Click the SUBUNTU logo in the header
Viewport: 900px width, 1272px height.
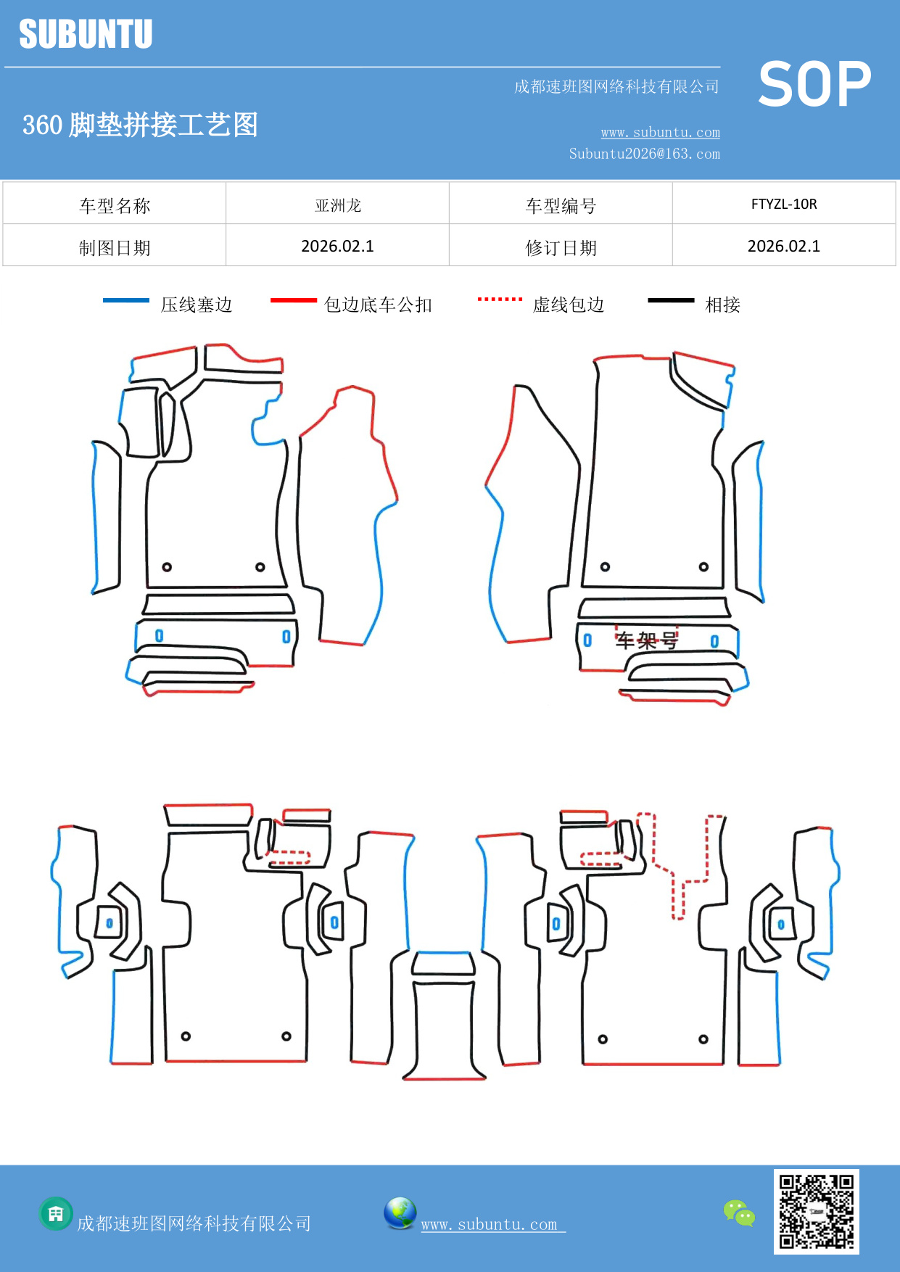pyautogui.click(x=86, y=34)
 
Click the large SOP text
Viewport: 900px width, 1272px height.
pyautogui.click(x=814, y=85)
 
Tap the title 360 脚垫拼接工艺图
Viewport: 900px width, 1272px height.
pyautogui.click(x=140, y=125)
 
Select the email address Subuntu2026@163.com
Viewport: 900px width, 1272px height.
pyautogui.click(x=644, y=154)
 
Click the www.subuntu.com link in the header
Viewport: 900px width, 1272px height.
pyautogui.click(x=660, y=133)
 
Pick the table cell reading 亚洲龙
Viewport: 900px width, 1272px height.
pyautogui.click(x=338, y=205)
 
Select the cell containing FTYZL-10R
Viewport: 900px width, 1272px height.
pyautogui.click(x=784, y=205)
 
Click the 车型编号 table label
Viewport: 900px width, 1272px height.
pyautogui.click(x=561, y=206)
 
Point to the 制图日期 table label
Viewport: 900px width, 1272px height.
pyautogui.click(x=115, y=248)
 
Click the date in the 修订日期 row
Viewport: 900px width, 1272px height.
pyautogui.click(x=784, y=247)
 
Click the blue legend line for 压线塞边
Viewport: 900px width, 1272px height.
pyautogui.click(x=126, y=300)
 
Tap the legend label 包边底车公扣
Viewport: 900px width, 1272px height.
pyautogui.click(x=378, y=305)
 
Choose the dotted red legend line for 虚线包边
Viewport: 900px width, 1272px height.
pyautogui.click(x=500, y=299)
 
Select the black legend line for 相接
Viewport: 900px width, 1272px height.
pyautogui.click(x=671, y=300)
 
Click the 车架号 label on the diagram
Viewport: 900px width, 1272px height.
pyautogui.click(x=646, y=640)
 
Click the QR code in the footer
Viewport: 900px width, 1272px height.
pyautogui.click(x=816, y=1212)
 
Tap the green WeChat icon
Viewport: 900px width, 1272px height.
pyautogui.click(x=739, y=1213)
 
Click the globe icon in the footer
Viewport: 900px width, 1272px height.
pyautogui.click(x=400, y=1213)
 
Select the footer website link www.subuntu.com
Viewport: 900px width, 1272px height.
pyautogui.click(x=490, y=1224)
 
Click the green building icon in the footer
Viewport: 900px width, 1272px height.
pyautogui.click(x=56, y=1213)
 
